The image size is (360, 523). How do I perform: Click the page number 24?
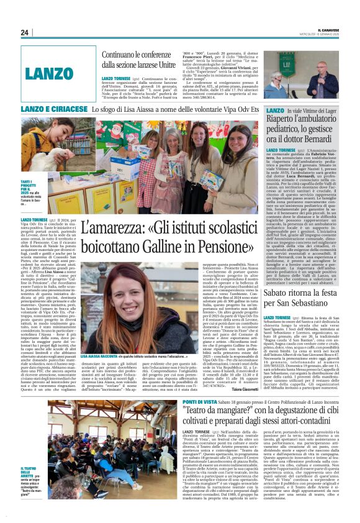(25, 32)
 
